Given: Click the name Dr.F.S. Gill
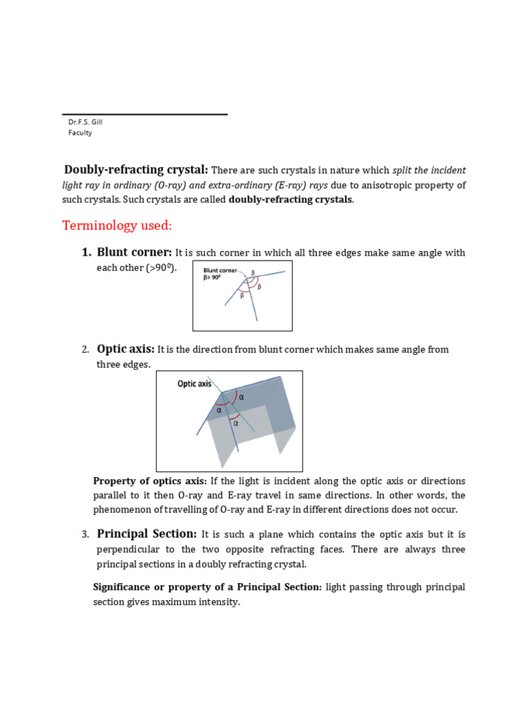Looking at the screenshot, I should click(85, 122).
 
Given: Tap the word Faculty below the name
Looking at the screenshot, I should click(80, 133).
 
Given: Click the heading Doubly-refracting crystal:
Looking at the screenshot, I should click(136, 170).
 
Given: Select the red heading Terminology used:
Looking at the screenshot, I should click(118, 225).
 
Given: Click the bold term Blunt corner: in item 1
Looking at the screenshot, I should click(134, 252).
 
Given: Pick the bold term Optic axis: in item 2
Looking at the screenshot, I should click(126, 349).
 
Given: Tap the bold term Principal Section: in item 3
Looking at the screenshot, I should click(146, 534).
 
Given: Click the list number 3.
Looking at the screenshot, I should click(85, 535).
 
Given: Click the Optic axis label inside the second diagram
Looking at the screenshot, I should click(195, 384).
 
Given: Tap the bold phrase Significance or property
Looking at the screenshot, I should click(164, 587).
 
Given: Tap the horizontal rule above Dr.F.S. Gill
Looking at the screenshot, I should click(144, 114).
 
